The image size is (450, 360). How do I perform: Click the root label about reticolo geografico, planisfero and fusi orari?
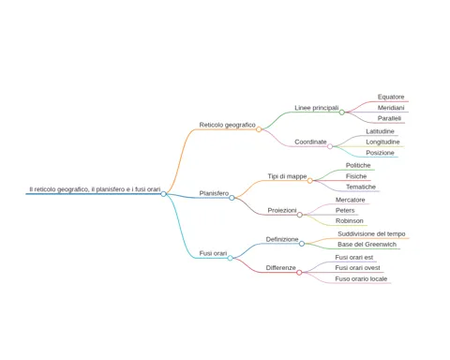[x=95, y=189]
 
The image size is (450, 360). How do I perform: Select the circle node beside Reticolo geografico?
[x=259, y=129]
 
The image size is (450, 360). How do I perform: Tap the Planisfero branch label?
[x=214, y=193]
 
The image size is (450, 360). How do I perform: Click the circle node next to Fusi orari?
[x=230, y=258]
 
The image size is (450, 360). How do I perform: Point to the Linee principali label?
[x=317, y=108]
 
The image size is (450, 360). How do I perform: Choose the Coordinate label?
[x=310, y=142]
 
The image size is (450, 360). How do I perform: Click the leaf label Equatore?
[x=391, y=97]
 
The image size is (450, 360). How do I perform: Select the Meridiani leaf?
[x=391, y=108]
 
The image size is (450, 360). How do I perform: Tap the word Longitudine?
[x=382, y=142]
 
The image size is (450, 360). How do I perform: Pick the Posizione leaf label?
[x=380, y=153]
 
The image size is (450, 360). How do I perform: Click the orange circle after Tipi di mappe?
[x=309, y=181]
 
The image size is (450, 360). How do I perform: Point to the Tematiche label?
[x=361, y=187]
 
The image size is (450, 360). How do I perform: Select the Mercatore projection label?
[x=351, y=200]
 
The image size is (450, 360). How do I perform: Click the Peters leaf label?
[x=345, y=210]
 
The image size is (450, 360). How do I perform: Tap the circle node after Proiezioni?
[x=300, y=215]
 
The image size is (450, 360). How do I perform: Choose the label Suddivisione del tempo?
[x=371, y=233]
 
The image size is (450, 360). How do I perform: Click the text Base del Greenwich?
[x=367, y=245]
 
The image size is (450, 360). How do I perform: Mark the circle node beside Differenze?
[x=299, y=273]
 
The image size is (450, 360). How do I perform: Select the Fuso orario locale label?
[x=361, y=278]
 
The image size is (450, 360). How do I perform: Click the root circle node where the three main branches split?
[x=163, y=194]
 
